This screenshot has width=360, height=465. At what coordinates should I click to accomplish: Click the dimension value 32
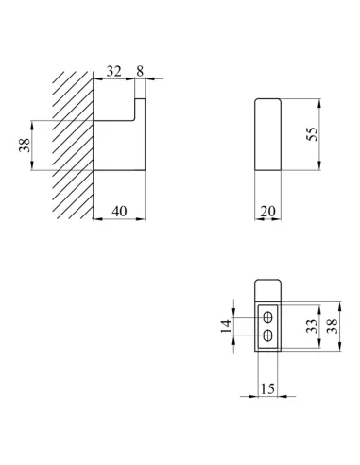[x=113, y=71]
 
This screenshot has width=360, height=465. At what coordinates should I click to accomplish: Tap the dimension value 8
[x=140, y=71]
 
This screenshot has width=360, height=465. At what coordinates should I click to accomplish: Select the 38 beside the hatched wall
[x=25, y=146]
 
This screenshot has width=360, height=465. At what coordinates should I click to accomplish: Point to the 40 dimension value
[x=119, y=212]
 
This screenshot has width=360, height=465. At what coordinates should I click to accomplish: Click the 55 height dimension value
[x=312, y=134]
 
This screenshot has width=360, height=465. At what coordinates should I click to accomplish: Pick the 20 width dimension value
[x=267, y=212]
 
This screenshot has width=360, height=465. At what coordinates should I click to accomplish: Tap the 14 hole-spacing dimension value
[x=226, y=326]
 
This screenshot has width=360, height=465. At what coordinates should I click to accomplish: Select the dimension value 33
[x=311, y=326]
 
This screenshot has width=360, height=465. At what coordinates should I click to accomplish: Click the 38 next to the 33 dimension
[x=332, y=326]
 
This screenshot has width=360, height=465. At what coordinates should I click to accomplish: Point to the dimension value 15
[x=267, y=388]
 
